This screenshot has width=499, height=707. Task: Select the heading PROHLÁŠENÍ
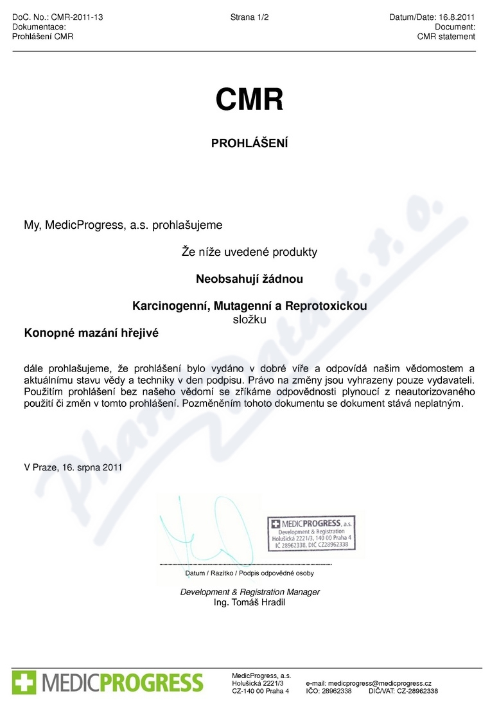click(x=249, y=143)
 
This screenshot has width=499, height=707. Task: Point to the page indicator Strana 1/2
click(x=249, y=17)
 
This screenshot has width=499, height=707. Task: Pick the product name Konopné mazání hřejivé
click(x=91, y=333)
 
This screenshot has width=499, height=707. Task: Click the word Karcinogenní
click(x=168, y=306)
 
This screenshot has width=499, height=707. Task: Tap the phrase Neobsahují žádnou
click(x=249, y=279)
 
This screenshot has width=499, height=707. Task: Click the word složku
click(x=249, y=318)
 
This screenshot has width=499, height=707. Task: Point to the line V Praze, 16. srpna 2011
click(x=73, y=468)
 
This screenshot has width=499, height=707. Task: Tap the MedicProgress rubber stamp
click(x=310, y=532)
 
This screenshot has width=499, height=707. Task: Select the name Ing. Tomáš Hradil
click(x=249, y=602)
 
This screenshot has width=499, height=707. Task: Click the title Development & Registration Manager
click(x=249, y=592)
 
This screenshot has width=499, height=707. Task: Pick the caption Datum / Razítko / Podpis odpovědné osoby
click(x=249, y=573)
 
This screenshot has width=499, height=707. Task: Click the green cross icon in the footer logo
click(x=24, y=682)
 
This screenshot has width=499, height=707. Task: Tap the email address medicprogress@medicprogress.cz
click(x=380, y=683)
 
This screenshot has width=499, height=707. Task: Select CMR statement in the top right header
click(x=446, y=37)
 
